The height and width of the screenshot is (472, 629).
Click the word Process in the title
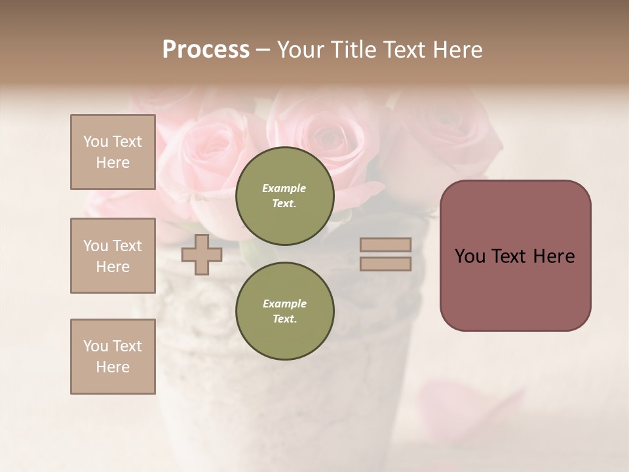206,50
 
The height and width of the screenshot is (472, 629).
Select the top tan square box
113,152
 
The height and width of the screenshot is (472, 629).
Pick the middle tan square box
113,256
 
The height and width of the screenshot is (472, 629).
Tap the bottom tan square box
113,357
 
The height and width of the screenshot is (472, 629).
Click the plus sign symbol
201,254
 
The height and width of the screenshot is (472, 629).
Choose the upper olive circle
285,196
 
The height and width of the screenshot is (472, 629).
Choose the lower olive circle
285,311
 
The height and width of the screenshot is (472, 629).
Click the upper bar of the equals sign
385,245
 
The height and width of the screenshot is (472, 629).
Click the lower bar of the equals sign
385,264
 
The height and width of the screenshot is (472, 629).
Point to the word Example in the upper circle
284,188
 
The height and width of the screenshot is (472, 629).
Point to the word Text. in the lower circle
284,319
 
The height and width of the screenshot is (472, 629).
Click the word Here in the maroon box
553,256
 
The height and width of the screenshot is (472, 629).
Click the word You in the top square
95,142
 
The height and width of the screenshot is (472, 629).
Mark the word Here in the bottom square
113,367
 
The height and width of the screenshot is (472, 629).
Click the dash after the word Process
263,50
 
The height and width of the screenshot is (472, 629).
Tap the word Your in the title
301,50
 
